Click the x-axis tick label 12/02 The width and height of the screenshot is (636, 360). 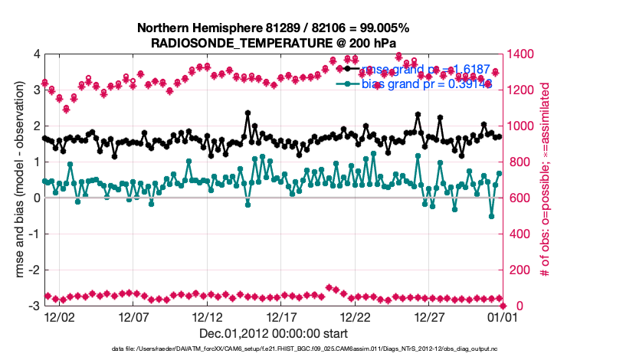(59, 316)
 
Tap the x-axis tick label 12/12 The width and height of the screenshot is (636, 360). (208, 316)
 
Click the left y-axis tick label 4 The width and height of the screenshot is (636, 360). (37, 54)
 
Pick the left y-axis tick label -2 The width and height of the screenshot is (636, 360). (34, 270)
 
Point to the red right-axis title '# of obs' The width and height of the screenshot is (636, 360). (545, 180)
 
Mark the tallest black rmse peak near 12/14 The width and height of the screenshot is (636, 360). (248, 113)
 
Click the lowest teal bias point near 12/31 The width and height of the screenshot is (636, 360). (492, 216)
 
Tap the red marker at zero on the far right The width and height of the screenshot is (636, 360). (503, 306)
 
